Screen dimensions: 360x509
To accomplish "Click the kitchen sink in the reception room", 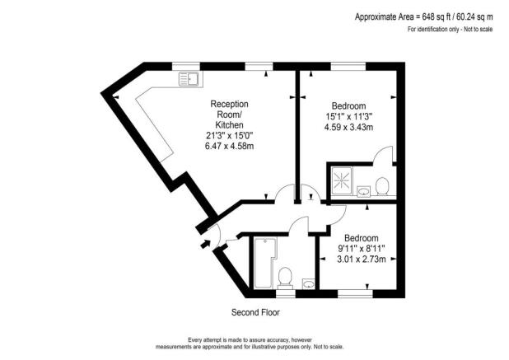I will point(190,79).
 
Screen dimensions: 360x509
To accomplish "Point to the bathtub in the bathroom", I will point(264,263).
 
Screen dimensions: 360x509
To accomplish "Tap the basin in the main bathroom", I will point(307,285).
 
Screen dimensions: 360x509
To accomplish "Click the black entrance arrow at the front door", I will point(200,246).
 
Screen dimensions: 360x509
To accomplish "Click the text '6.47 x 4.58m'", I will point(230,146).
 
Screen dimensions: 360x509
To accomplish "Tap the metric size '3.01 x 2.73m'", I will point(362,259).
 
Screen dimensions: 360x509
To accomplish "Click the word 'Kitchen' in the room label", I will point(230,124).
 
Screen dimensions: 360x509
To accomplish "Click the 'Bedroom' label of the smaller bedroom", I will point(362,237).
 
